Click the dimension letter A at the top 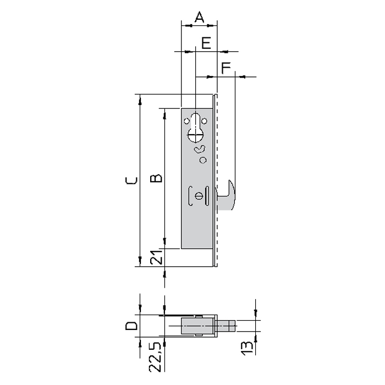click(x=199, y=17)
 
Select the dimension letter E click(x=206, y=43)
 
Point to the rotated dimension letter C click(x=131, y=180)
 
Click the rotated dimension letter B click(x=156, y=178)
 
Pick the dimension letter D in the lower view click(x=131, y=326)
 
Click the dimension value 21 click(x=156, y=257)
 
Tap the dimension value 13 click(x=247, y=348)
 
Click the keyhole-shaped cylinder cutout click(x=196, y=128)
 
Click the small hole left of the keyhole click(x=187, y=121)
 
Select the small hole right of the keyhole click(x=205, y=121)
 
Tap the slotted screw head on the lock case click(x=199, y=196)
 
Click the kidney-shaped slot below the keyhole click(x=200, y=150)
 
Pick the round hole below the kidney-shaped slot click(x=203, y=160)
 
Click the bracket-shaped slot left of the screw click(x=190, y=196)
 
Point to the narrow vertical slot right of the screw click(x=207, y=196)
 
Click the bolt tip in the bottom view click(x=232, y=326)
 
